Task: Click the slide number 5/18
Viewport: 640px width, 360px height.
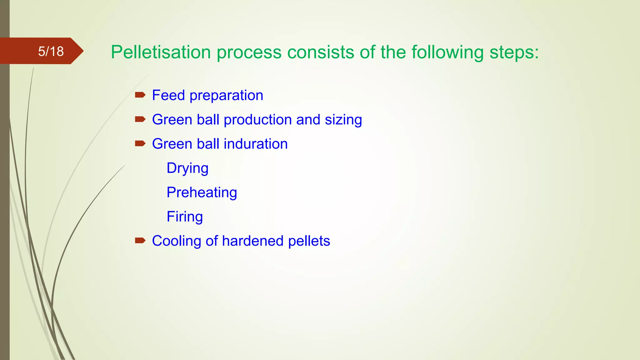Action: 51,51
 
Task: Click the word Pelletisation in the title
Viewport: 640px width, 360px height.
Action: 161,52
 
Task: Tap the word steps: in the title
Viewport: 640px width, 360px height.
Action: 514,52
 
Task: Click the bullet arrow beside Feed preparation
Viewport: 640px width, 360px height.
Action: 140,95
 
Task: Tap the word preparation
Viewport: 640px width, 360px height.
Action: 226,96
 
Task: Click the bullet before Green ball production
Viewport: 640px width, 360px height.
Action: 140,119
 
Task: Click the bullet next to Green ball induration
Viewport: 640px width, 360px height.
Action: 140,143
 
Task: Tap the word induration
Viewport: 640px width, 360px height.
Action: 256,144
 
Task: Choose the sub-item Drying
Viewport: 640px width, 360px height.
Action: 187,168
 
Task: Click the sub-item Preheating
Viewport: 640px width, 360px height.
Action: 202,192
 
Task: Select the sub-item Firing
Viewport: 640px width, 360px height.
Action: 185,217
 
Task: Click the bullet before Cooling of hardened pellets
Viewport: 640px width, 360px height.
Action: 140,240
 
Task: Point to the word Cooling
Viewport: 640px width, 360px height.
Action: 177,241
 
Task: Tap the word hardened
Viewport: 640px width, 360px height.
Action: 253,241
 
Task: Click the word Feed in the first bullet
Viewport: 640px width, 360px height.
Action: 168,95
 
